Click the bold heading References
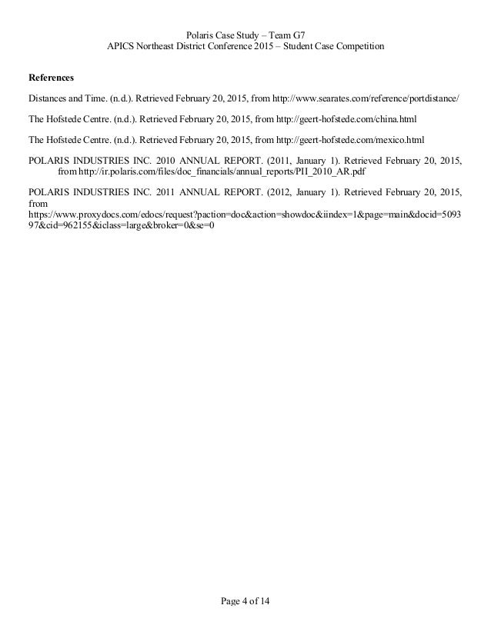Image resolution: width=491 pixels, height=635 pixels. tap(52, 78)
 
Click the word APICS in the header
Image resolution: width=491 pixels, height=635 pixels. tap(122, 47)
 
